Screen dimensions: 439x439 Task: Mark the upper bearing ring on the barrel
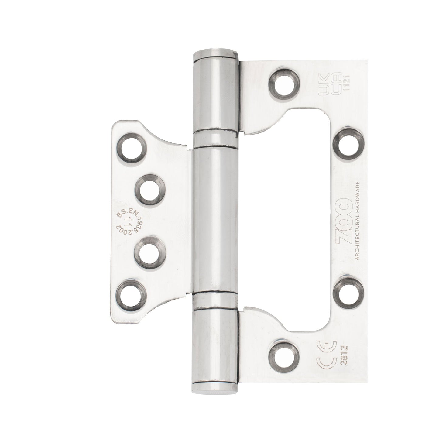point(216,139)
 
